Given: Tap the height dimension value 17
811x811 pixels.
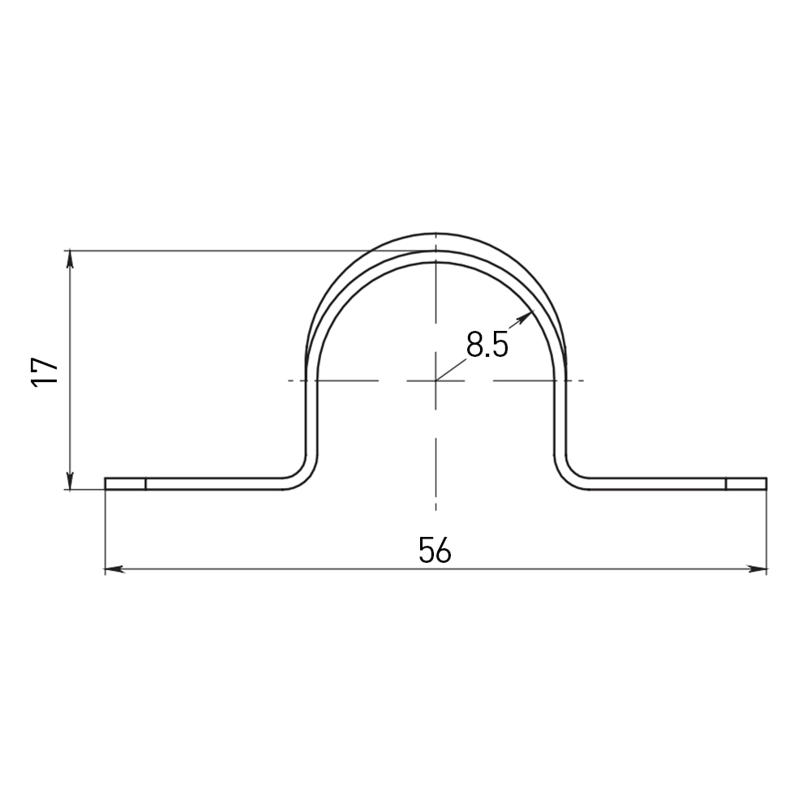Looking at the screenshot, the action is pos(45,371).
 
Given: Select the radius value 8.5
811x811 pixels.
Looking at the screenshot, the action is pos(487,344).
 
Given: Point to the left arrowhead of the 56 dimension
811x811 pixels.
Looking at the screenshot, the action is pos(114,569).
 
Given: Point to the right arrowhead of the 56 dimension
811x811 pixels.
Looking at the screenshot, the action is pos(757,569).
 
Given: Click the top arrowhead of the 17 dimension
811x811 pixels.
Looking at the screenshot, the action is pos(71,260).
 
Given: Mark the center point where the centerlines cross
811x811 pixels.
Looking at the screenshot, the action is pos(436,380).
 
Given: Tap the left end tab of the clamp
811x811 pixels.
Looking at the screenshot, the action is pos(125,483).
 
